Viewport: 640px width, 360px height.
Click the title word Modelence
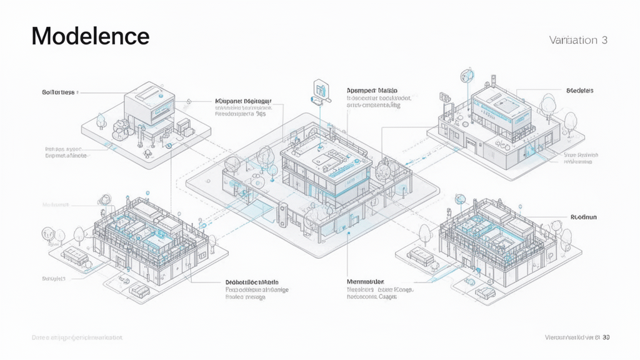91,36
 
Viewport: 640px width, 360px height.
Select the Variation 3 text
578,40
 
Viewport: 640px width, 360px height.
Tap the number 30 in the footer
606,337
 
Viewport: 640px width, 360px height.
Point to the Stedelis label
579,91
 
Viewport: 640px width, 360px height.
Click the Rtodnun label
584,217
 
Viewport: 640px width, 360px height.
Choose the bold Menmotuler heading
366,282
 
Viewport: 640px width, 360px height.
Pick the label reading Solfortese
58,92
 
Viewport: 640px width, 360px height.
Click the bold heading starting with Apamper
372,91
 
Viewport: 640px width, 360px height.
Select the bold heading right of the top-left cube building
243,100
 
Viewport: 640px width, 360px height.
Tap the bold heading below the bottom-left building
252,282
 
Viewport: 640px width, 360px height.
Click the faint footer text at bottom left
77,337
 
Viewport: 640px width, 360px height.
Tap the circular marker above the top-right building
464,76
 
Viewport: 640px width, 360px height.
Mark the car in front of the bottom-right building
482,292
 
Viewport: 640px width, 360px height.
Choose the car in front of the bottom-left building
137,291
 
